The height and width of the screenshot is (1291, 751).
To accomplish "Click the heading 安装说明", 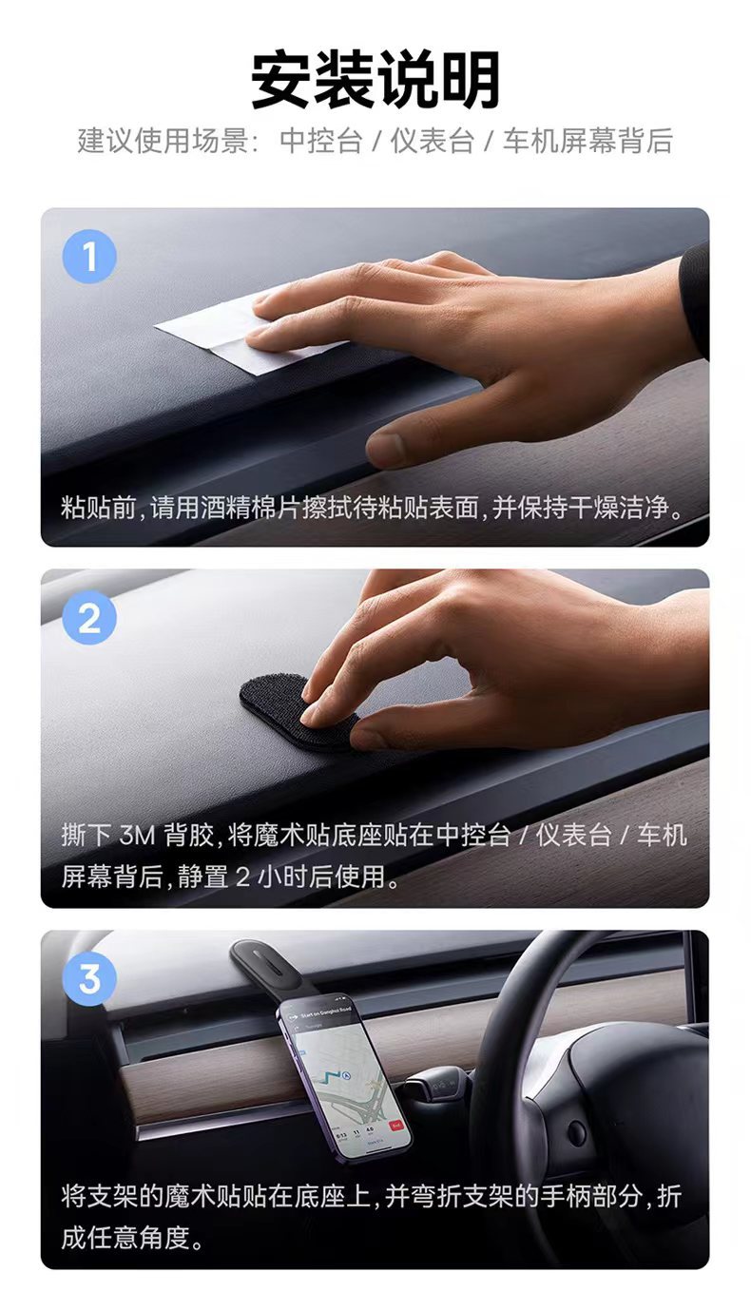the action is click(375, 80).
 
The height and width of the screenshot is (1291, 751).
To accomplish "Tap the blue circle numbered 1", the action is click(89, 257).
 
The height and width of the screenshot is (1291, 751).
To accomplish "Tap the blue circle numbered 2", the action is click(89, 618).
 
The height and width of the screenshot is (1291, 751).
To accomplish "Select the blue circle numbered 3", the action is click(89, 979).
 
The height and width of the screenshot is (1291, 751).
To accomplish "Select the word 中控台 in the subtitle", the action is click(321, 141).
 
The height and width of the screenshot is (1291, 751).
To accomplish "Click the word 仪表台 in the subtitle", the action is click(433, 141).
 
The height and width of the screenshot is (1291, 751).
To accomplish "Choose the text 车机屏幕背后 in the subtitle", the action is click(587, 141).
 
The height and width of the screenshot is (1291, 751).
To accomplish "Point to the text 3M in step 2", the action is click(137, 835).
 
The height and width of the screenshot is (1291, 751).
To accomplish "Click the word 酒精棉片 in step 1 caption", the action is click(251, 508).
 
